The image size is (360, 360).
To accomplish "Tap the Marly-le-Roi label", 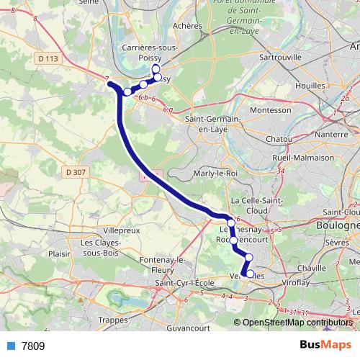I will tap(216, 174).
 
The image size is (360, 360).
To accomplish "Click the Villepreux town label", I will tap(121, 230).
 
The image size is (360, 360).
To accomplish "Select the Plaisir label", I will tap(59, 253).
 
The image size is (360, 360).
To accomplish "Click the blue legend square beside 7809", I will tap(11, 346).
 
